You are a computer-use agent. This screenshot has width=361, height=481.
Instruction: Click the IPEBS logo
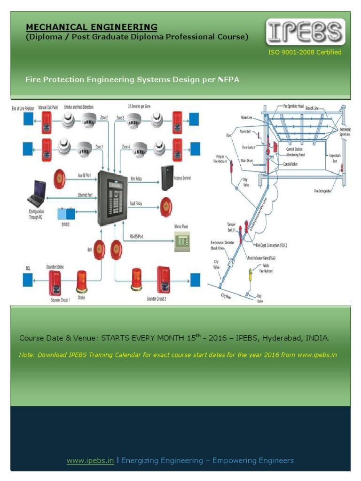[306, 32]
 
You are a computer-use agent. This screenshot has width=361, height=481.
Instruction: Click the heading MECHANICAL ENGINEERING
[91, 27]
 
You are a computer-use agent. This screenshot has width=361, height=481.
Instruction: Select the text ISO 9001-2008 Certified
[305, 52]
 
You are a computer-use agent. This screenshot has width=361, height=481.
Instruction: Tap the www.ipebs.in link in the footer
[90, 460]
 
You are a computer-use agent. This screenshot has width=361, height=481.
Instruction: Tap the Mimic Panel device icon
[182, 242]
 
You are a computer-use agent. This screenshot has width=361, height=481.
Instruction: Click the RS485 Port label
[136, 237]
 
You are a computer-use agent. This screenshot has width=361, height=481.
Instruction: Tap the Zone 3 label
[120, 118]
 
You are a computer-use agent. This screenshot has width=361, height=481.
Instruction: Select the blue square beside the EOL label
[28, 280]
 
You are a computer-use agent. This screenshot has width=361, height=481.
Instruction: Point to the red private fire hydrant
[232, 167]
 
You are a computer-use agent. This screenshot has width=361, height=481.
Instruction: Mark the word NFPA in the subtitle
[228, 79]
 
